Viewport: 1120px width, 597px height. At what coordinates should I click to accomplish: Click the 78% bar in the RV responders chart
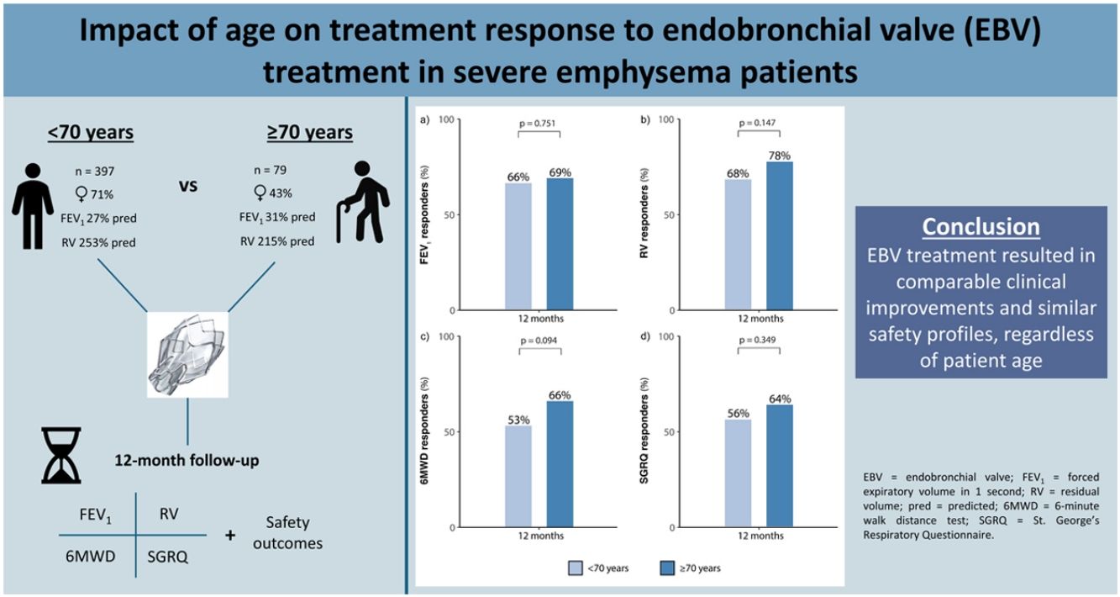coord(780,235)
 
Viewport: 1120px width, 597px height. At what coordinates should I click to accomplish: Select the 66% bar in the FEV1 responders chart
coord(518,246)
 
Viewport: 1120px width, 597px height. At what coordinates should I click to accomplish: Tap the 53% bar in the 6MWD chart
coord(518,477)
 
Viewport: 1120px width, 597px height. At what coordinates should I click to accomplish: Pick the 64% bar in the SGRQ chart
coord(780,466)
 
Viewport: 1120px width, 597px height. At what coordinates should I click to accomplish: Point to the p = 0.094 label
coord(539,341)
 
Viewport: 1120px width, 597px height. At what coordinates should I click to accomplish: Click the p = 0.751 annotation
coord(538,123)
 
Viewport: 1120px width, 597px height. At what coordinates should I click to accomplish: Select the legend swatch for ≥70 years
coord(667,568)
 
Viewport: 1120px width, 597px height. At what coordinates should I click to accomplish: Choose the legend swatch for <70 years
coord(576,568)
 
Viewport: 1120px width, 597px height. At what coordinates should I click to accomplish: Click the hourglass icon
coord(61,455)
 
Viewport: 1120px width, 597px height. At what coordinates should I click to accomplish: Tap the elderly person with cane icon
coord(363,202)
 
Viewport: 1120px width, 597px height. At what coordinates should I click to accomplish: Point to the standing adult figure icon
coord(33,206)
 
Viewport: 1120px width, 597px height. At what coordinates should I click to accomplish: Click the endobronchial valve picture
coord(187,355)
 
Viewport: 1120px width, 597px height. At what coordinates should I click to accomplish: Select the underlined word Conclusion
coord(981,227)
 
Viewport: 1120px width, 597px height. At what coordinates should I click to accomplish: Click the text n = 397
coord(95,172)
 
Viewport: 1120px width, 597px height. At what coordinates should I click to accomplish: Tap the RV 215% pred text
coord(277,241)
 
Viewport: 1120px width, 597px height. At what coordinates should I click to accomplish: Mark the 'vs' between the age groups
coord(188,186)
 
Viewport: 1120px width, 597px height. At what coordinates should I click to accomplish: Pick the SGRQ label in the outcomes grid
coord(167,557)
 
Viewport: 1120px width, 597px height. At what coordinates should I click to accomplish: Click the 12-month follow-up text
coord(187,461)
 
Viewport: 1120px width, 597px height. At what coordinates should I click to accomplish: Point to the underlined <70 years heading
coord(91,132)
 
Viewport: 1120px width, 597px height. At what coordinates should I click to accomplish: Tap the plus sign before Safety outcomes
coord(230,536)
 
